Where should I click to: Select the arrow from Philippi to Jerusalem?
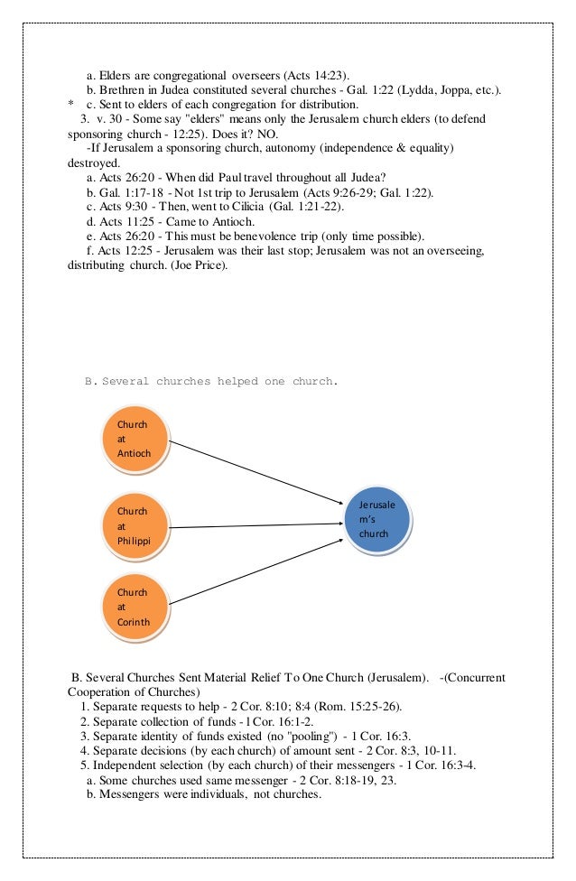coord(257,525)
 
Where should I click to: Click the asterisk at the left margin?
coord(70,105)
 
